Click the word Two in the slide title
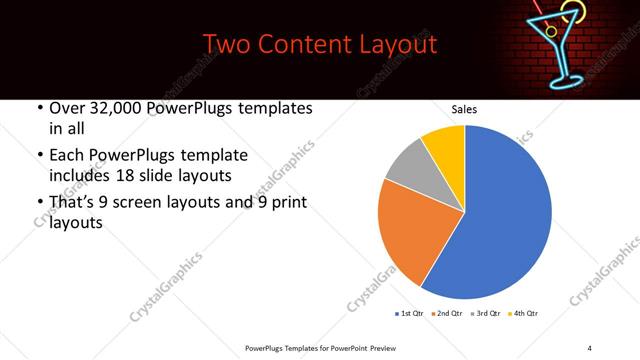(227, 45)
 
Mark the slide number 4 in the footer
(589, 346)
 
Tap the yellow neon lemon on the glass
(571, 13)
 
